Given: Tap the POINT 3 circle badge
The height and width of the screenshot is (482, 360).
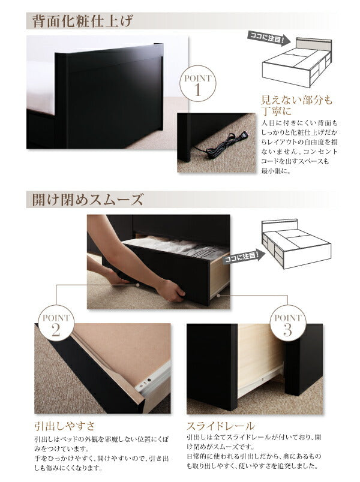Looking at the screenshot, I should [x=286, y=323].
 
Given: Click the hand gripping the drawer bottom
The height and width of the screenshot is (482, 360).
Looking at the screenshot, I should [x=169, y=291].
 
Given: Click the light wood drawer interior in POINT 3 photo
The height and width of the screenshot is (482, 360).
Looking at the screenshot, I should [x=259, y=354].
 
